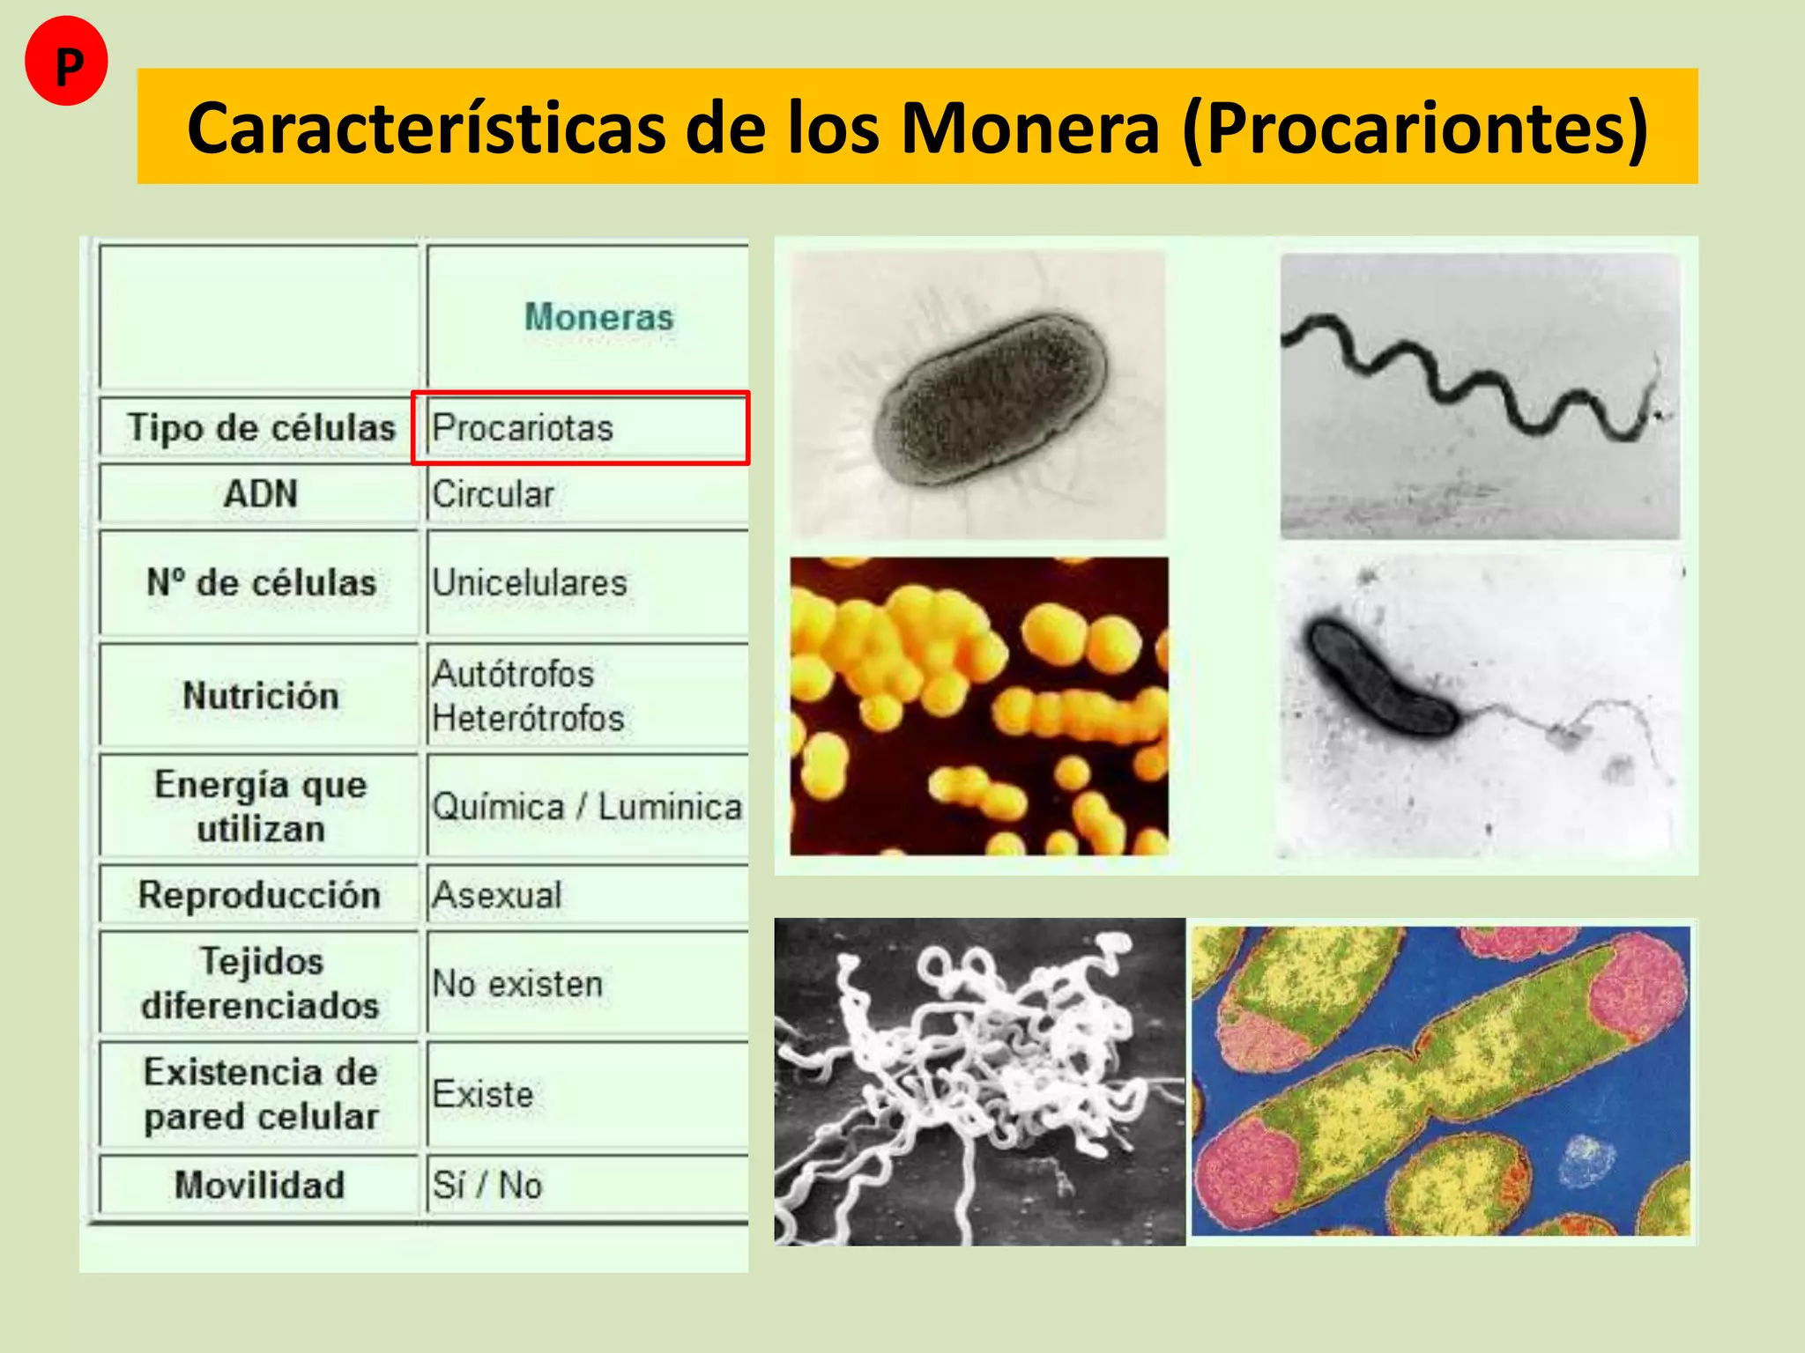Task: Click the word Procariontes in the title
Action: pos(1414,129)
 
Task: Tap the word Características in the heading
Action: pos(427,129)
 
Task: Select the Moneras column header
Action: pos(598,317)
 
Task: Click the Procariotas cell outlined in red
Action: pos(523,428)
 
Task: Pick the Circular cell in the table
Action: pos(493,494)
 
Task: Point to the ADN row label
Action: pos(260,494)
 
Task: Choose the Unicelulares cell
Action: pos(529,583)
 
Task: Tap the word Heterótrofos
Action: pos(528,719)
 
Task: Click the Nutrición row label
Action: pos(260,696)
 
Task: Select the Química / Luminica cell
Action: pos(586,807)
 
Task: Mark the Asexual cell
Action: pos(496,896)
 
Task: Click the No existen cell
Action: pos(517,984)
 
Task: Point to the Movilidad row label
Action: pos(259,1185)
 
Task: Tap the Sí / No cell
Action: pos(487,1185)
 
